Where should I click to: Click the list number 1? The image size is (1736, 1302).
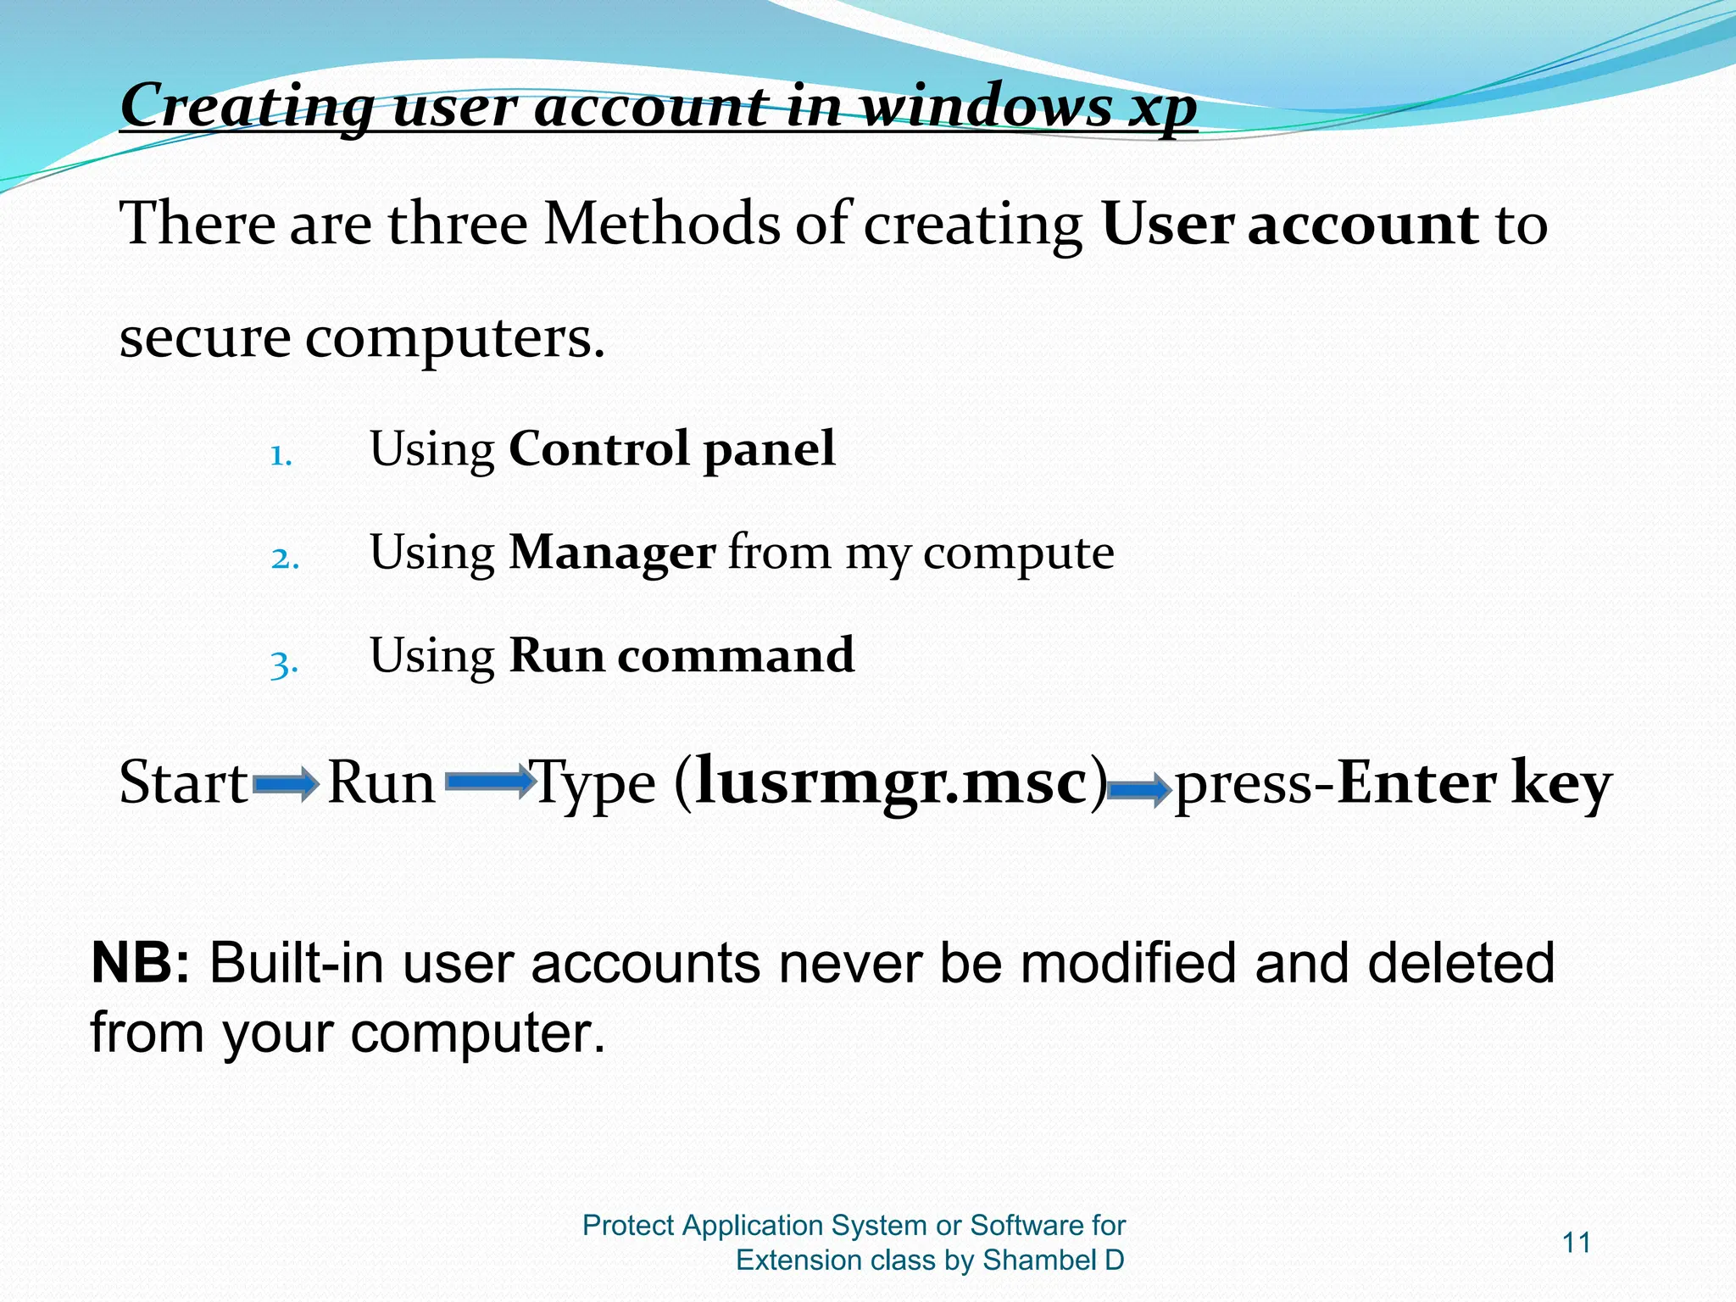tap(281, 457)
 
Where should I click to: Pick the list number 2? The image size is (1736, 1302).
tap(285, 559)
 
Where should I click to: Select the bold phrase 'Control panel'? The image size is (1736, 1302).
tap(671, 448)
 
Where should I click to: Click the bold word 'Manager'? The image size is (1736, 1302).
tap(612, 553)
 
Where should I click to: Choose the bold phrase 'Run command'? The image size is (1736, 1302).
tap(682, 655)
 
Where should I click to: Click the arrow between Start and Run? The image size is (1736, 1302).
tap(286, 786)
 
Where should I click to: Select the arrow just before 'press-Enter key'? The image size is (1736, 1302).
tap(1140, 791)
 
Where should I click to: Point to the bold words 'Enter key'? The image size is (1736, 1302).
tap(1473, 783)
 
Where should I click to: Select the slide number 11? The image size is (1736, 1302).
tap(1576, 1243)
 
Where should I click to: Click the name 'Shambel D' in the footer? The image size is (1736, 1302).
tap(1054, 1260)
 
